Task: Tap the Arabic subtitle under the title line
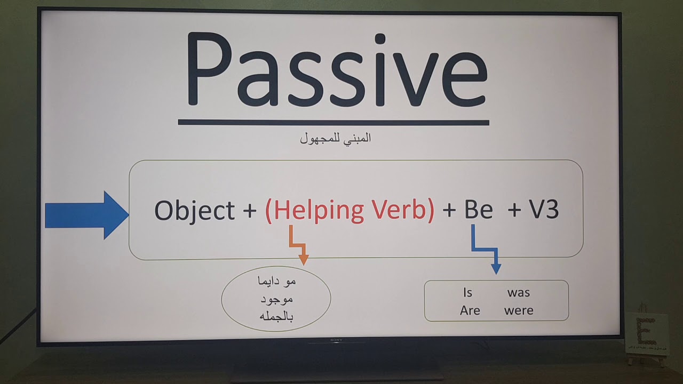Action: point(335,139)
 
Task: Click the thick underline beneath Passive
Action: point(333,122)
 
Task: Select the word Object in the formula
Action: point(194,211)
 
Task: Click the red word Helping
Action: point(316,211)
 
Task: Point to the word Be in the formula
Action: point(478,211)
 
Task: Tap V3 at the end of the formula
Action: point(544,211)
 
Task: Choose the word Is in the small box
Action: point(467,292)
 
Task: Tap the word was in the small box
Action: point(518,292)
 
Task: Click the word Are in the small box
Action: point(470,310)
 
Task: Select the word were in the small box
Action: point(518,310)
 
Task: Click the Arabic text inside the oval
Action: point(276,299)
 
